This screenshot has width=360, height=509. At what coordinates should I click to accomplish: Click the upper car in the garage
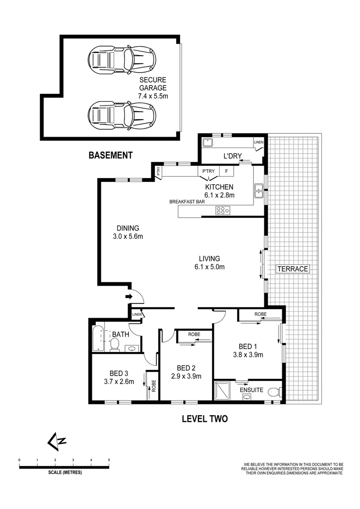pyautogui.click(x=122, y=60)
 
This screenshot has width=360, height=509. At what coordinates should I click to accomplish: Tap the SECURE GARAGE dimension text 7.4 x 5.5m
pyautogui.click(x=152, y=96)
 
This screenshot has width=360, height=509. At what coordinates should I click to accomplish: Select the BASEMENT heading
pyautogui.click(x=111, y=155)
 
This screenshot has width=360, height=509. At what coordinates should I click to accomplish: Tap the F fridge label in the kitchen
pyautogui.click(x=226, y=172)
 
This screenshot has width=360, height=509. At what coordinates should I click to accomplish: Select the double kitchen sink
pyautogui.click(x=259, y=190)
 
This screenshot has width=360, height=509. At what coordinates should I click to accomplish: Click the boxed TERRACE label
pyautogui.click(x=292, y=269)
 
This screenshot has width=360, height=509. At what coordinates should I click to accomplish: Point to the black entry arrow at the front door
pyautogui.click(x=129, y=296)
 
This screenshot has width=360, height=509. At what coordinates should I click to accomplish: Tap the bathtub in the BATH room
pyautogui.click(x=98, y=338)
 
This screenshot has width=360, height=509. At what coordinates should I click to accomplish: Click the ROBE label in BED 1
pyautogui.click(x=261, y=313)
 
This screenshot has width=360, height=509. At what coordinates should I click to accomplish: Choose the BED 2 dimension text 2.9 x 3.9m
pyautogui.click(x=186, y=376)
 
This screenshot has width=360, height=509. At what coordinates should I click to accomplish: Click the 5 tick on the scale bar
pyautogui.click(x=109, y=459)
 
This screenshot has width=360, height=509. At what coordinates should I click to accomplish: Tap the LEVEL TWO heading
pyautogui.click(x=205, y=419)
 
